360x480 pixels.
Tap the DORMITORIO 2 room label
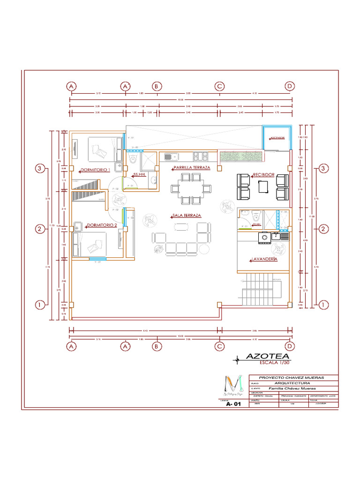point(102,225)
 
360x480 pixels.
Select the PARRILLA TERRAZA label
point(191,167)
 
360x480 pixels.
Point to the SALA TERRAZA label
point(187,215)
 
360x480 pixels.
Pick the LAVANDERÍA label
point(264,259)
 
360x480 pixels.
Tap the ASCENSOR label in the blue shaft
point(276,138)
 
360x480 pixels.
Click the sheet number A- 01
point(233,405)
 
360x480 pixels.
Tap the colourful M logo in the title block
point(233,383)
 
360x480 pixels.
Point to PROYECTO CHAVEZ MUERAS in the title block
point(292,377)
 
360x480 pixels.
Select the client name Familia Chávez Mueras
point(292,388)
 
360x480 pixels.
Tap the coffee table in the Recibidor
point(263,187)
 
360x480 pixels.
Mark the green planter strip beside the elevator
point(239,157)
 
